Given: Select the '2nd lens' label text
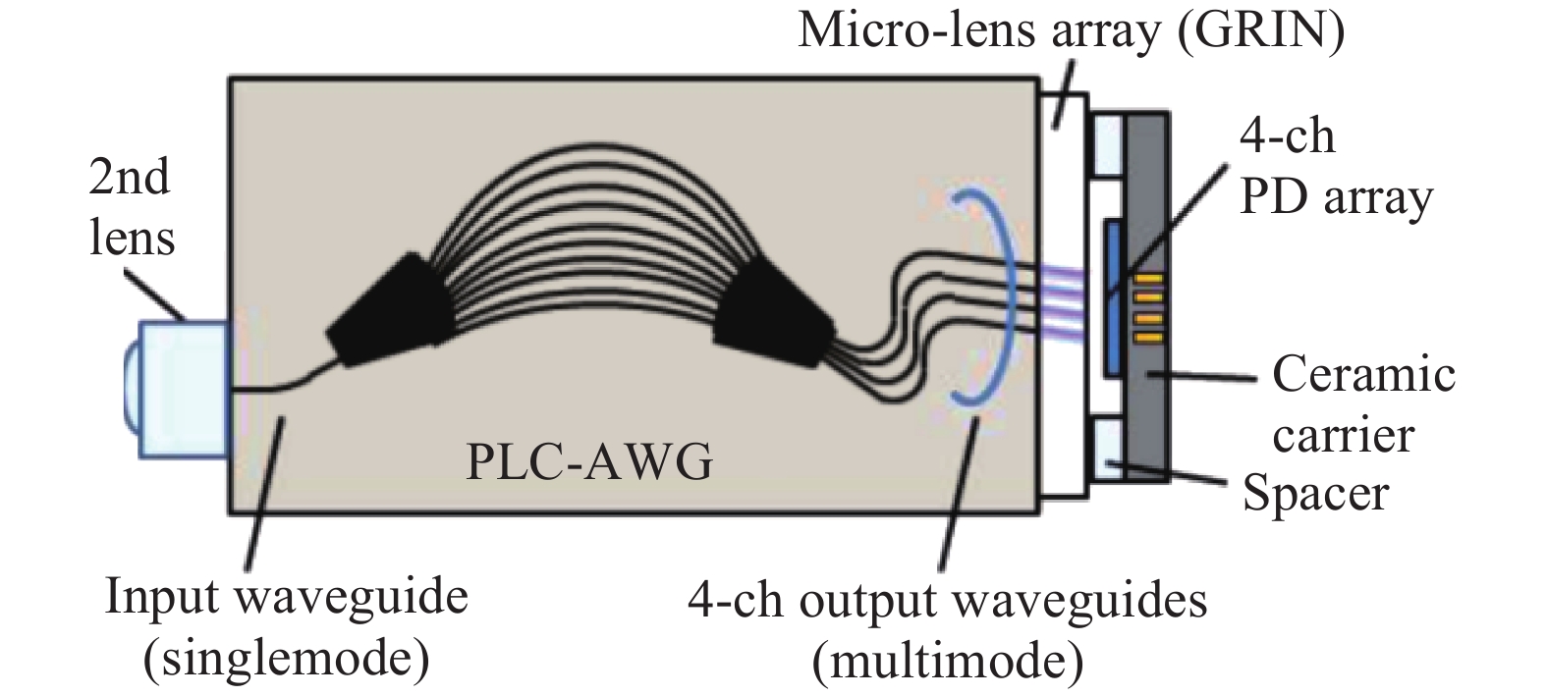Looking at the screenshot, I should [x=132, y=208].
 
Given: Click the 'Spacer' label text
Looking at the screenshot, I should [x=1315, y=493].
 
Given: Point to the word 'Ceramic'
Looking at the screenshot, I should [x=1362, y=375].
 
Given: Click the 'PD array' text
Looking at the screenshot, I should [x=1335, y=198].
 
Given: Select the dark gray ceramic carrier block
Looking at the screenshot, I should [x=1150, y=412].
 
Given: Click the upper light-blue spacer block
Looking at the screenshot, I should [x=1107, y=146].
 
